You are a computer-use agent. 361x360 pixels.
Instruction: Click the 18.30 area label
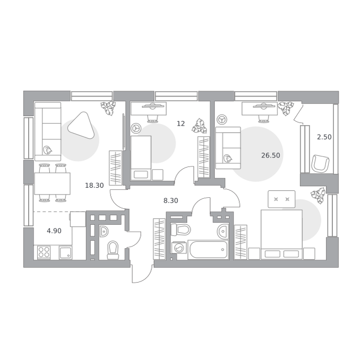94,185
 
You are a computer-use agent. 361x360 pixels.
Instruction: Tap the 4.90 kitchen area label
54,231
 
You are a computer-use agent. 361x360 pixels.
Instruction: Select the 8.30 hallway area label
170,201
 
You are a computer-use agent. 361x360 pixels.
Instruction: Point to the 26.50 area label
271,155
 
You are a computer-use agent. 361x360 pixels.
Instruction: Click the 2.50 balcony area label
324,137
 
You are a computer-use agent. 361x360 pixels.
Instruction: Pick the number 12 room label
180,124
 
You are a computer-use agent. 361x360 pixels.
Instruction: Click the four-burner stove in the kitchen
44,252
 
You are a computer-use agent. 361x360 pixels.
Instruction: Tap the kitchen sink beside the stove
65,252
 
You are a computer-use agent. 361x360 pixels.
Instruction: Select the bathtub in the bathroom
208,250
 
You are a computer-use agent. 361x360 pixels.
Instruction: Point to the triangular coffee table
82,125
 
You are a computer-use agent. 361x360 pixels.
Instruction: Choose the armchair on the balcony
320,163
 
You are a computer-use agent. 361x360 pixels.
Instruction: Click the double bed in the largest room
281,234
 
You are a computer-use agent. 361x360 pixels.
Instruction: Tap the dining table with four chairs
52,183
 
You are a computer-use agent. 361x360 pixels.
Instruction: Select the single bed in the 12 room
141,158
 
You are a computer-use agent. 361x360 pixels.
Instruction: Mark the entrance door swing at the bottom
142,274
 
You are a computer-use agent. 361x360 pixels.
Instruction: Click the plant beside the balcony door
286,108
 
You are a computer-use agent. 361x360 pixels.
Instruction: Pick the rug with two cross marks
281,199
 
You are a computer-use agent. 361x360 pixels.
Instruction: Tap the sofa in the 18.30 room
48,131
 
